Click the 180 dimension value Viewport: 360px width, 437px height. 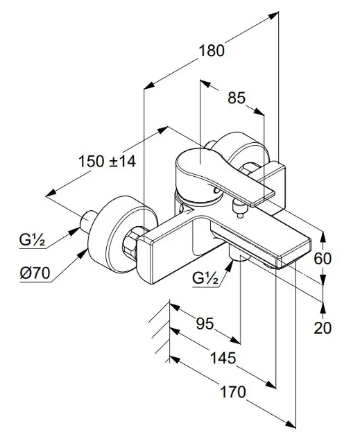click(211, 51)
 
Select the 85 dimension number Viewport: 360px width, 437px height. click(237, 98)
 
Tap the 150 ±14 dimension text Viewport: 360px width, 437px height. click(108, 162)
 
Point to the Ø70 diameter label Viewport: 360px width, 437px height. click(35, 273)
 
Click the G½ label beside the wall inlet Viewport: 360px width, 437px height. click(32, 239)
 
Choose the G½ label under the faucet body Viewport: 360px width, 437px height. click(205, 278)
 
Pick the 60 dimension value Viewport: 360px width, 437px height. click(323, 258)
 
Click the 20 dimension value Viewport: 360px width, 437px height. click(323, 327)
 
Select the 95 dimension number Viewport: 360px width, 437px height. click(205, 323)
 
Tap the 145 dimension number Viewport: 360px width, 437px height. click(223, 357)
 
